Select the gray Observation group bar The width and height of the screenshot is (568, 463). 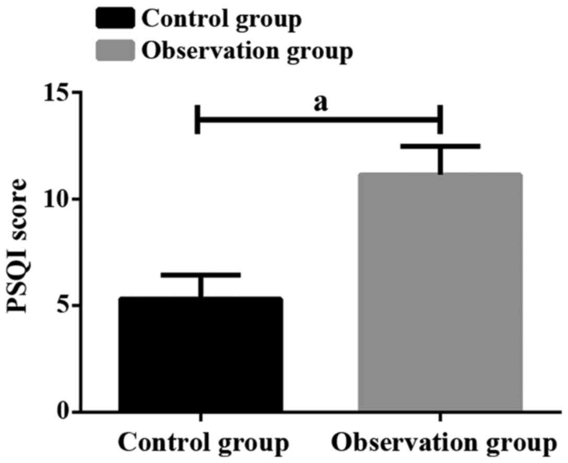(x=440, y=293)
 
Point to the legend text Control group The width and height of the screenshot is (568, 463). (x=222, y=20)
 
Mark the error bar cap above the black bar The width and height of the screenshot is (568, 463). (x=201, y=274)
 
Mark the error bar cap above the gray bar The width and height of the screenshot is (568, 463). (x=440, y=146)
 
